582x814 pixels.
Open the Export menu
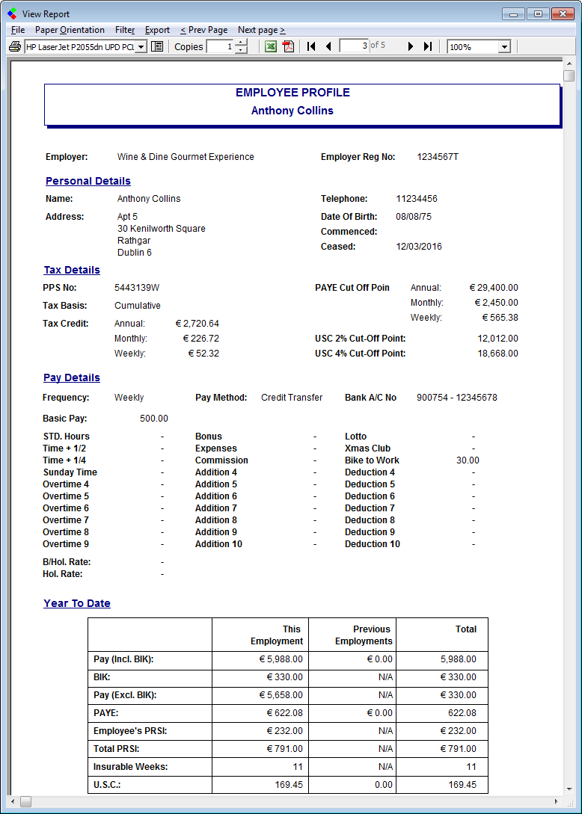[x=157, y=30]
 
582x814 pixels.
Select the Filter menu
[x=125, y=30]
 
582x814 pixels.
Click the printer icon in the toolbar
[x=14, y=46]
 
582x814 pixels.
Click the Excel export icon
[x=271, y=46]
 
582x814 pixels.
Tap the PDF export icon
[x=289, y=46]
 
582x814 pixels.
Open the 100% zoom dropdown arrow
[x=504, y=46]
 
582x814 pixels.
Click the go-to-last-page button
[x=427, y=46]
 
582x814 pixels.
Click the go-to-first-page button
[x=311, y=46]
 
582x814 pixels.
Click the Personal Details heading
[x=88, y=181]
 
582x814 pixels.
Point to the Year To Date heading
[x=77, y=603]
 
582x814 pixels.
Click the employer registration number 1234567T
[x=438, y=157]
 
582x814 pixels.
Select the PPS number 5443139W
[x=137, y=288]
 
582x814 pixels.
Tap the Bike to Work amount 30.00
[x=468, y=460]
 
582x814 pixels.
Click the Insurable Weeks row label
[x=130, y=767]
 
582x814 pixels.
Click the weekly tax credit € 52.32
[x=203, y=354]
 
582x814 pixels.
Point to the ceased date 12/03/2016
[x=419, y=247]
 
